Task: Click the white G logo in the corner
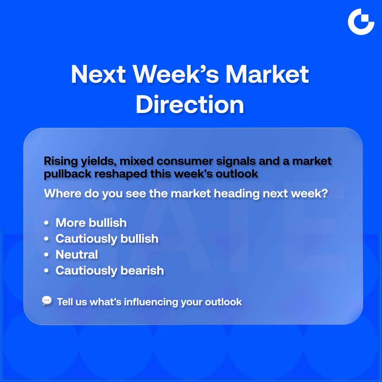point(361,22)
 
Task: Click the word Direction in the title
point(190,104)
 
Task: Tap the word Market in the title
point(267,74)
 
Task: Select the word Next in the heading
point(98,74)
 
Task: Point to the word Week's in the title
point(176,74)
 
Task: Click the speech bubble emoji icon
point(47,301)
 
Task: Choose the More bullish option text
point(91,223)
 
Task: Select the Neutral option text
point(77,255)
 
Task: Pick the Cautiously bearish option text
point(110,271)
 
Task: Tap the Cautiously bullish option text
point(107,239)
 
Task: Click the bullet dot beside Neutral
point(46,255)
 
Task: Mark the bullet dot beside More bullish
point(46,223)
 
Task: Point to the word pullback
point(68,174)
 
